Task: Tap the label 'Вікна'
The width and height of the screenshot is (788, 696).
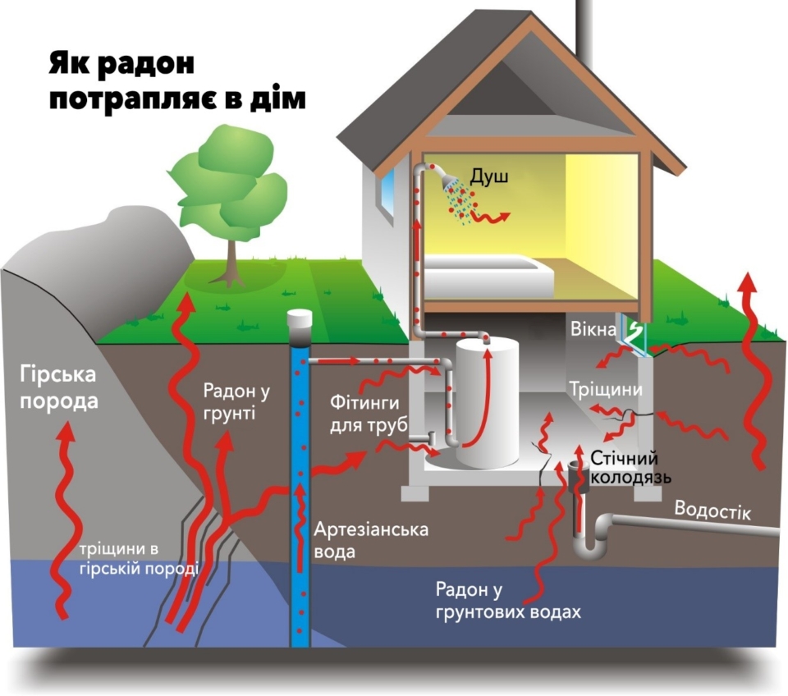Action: pyautogui.click(x=596, y=330)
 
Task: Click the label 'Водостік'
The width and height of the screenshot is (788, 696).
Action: pyautogui.click(x=712, y=509)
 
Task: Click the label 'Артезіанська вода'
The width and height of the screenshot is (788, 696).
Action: pyautogui.click(x=371, y=539)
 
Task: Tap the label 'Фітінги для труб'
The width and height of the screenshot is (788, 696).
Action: pyautogui.click(x=364, y=415)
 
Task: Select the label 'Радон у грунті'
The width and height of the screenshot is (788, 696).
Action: pyautogui.click(x=229, y=402)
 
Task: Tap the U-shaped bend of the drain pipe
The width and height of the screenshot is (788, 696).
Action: pyautogui.click(x=587, y=546)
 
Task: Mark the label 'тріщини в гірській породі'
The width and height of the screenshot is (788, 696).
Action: pyautogui.click(x=140, y=559)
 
